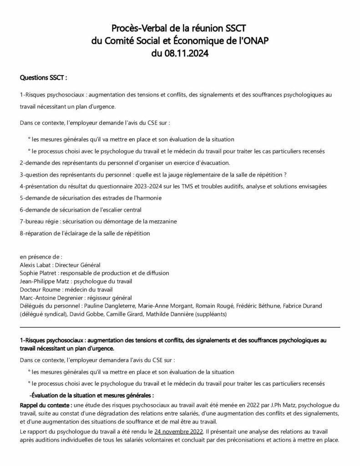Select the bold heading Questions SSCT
coord(43,78)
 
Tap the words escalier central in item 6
coord(120,209)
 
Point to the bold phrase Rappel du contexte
coord(46,405)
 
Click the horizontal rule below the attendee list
coord(180,327)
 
